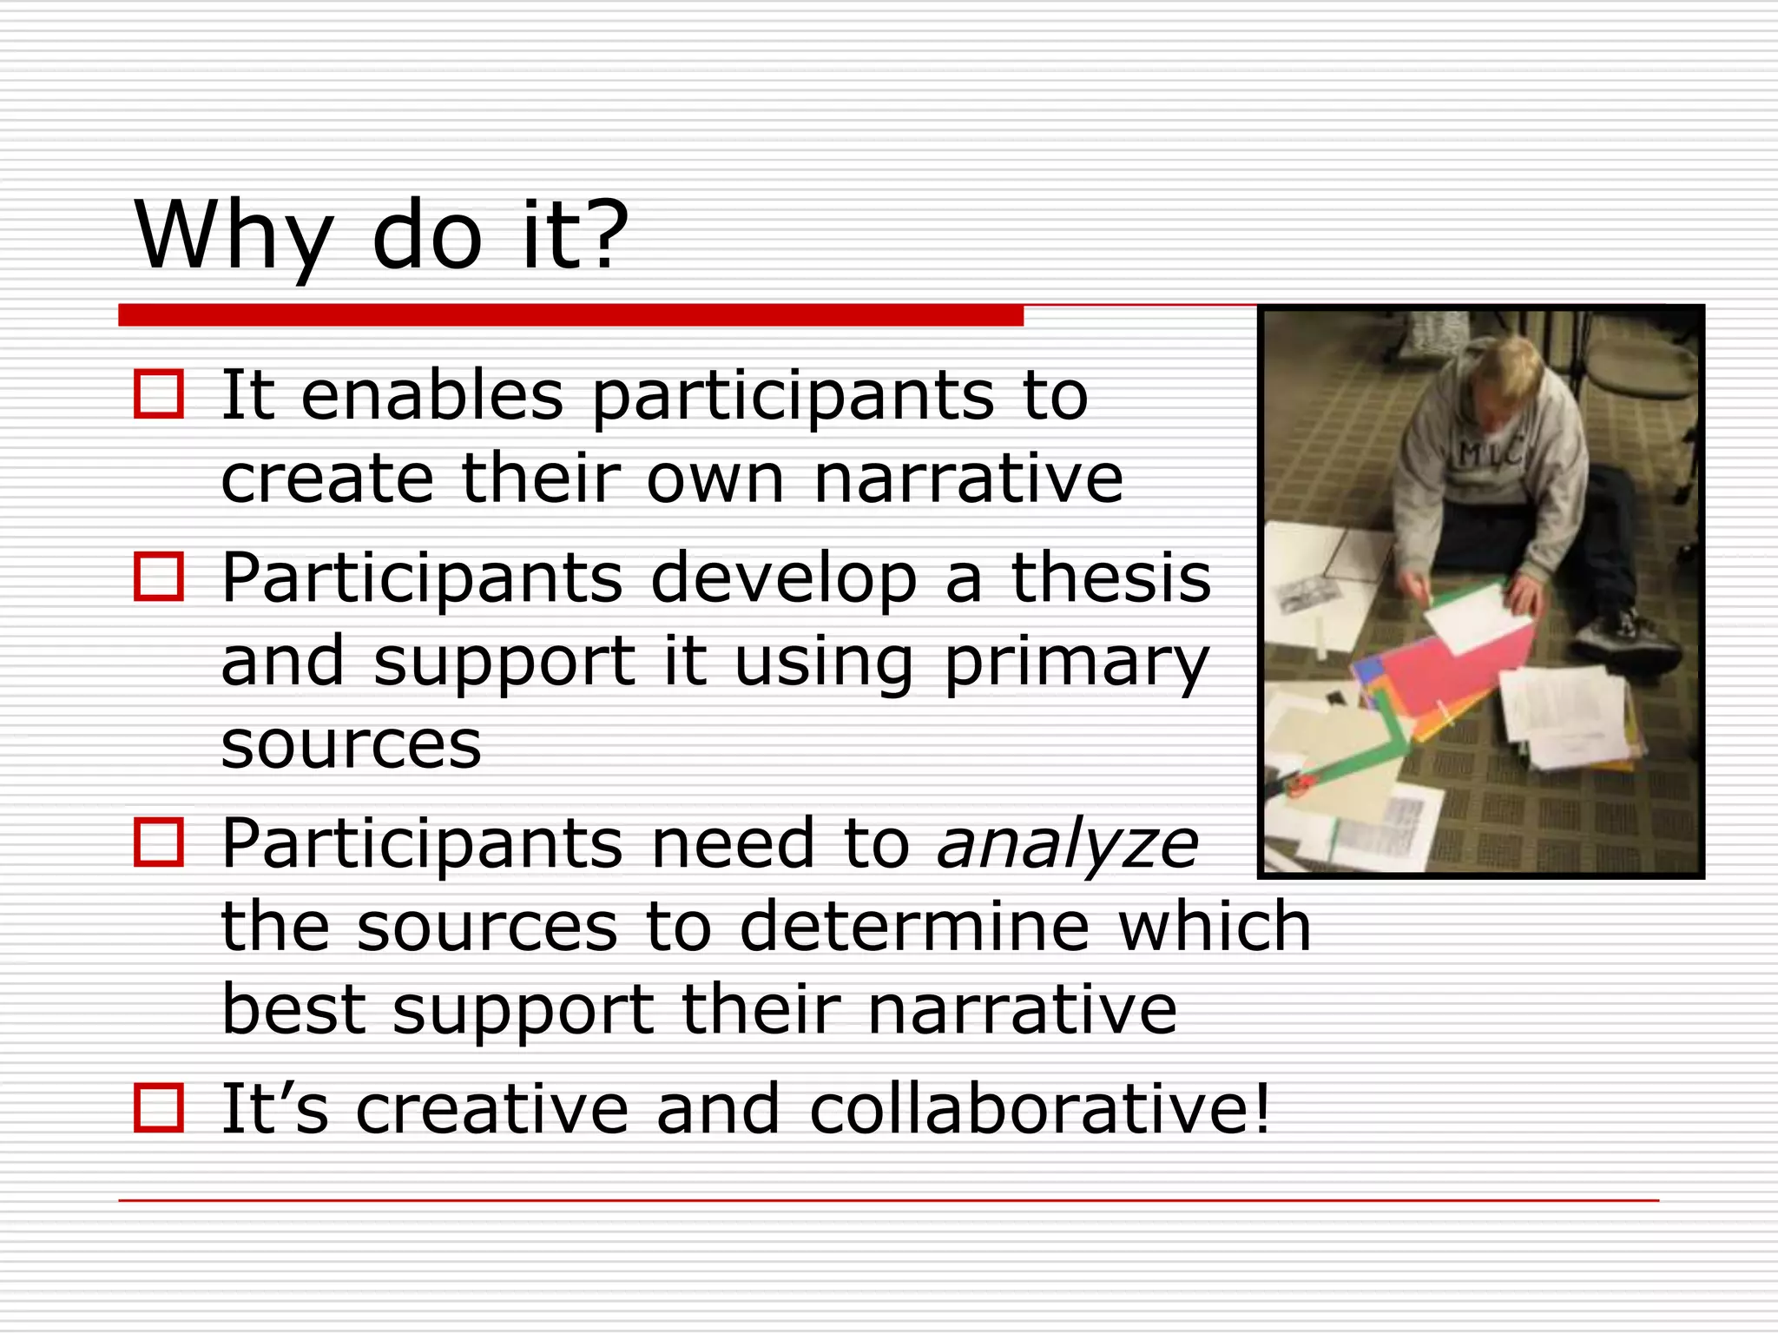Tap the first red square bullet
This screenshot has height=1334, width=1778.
click(x=159, y=394)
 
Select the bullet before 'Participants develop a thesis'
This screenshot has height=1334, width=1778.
click(x=159, y=577)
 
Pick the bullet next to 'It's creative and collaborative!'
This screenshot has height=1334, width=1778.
click(x=159, y=1107)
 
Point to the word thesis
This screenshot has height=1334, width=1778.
click(x=1110, y=578)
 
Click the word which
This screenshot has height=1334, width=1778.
click(x=1215, y=928)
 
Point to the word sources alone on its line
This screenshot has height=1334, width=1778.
click(x=351, y=745)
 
